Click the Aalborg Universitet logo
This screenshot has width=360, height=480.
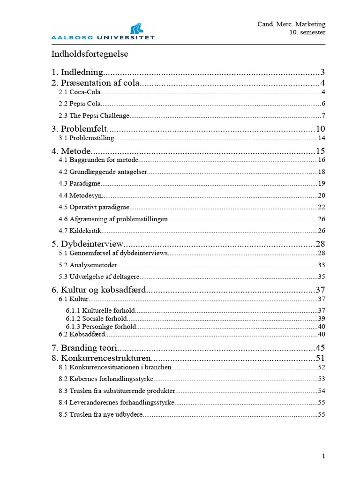pyautogui.click(x=103, y=30)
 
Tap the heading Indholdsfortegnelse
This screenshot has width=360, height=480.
pyautogui.click(x=90, y=54)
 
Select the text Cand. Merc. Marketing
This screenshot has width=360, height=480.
pyautogui.click(x=291, y=24)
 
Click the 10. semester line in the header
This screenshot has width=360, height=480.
pyautogui.click(x=307, y=32)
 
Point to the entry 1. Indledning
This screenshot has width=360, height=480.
pyautogui.click(x=77, y=72)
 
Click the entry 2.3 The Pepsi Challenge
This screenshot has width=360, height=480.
pyautogui.click(x=94, y=115)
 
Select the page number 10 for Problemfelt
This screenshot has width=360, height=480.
pyautogui.click(x=320, y=129)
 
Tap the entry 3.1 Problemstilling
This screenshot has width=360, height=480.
pyautogui.click(x=86, y=138)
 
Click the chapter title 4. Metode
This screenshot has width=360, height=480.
pyautogui.click(x=71, y=151)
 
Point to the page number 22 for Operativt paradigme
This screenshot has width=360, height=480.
pyautogui.click(x=321, y=207)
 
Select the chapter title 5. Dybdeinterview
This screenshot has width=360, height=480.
pyautogui.click(x=87, y=244)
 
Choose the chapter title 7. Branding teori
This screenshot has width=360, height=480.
pyautogui.click(x=84, y=348)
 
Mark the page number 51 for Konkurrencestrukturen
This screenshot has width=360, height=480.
pyautogui.click(x=320, y=359)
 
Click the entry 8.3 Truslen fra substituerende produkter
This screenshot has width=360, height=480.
pyautogui.click(x=117, y=390)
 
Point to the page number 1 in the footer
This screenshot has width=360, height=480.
pyautogui.click(x=323, y=456)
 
